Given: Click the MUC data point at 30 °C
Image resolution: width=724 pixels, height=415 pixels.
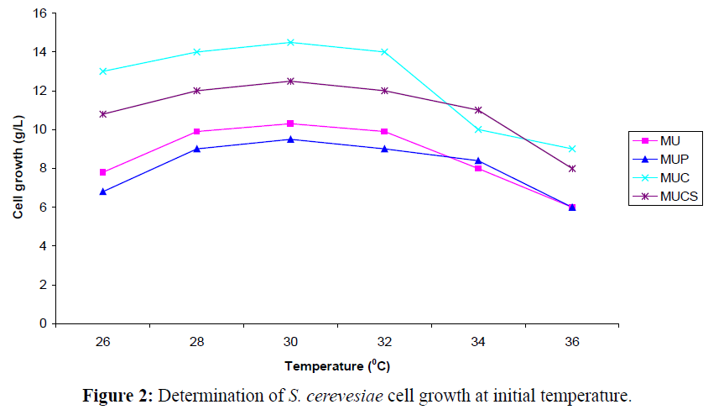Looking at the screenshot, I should (290, 42).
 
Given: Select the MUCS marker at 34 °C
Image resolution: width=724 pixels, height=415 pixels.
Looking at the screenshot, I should (478, 110).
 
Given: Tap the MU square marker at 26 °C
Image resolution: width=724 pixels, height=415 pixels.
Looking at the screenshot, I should (102, 172).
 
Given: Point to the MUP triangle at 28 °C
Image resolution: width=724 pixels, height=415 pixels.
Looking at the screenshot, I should (196, 149).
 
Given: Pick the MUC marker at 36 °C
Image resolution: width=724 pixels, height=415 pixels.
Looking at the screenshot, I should (572, 149).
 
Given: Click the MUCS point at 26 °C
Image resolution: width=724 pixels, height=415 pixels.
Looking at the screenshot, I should (102, 113).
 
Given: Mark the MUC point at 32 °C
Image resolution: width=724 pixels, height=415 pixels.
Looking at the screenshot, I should (384, 52).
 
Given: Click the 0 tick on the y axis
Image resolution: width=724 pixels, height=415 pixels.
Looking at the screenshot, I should (42, 323).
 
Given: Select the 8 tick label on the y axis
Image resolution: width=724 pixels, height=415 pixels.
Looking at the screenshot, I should (42, 168).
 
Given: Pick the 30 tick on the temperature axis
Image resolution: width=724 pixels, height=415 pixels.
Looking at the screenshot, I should (290, 343).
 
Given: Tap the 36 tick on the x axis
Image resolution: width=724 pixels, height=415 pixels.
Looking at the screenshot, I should (572, 343).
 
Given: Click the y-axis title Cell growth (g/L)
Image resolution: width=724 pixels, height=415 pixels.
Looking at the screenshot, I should (18, 168).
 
